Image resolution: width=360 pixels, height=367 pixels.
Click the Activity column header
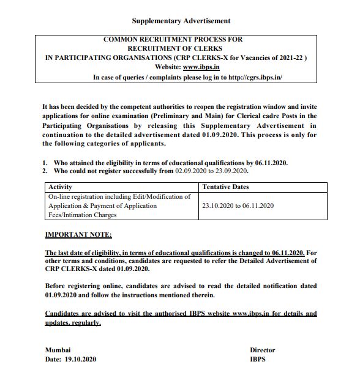tap(60, 187)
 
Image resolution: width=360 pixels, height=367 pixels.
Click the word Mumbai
tap(58, 350)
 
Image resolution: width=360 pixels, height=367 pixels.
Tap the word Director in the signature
tap(262, 350)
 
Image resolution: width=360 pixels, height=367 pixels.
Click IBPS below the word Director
tap(258, 359)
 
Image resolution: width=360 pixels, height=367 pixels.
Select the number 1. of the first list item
tap(45, 163)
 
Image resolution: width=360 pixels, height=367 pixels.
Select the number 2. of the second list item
tap(45, 171)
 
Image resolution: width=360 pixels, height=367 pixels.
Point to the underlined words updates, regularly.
tap(72, 322)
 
